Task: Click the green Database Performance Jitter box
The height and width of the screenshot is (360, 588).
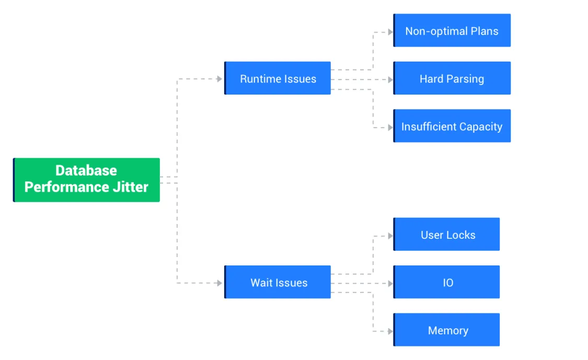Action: (x=86, y=179)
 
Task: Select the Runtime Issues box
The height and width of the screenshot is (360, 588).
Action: (x=278, y=78)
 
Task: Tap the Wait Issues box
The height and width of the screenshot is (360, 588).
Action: (x=278, y=282)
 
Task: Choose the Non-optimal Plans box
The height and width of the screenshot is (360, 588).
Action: (x=452, y=31)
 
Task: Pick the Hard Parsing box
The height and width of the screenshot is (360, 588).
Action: (x=452, y=78)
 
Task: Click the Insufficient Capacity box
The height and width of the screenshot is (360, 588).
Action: (x=452, y=126)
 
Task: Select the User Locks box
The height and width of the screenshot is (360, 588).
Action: (x=446, y=235)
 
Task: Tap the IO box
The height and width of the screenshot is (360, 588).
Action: (x=446, y=282)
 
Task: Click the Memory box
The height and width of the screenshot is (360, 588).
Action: (x=446, y=330)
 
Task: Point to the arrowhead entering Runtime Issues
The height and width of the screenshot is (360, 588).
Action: (x=220, y=79)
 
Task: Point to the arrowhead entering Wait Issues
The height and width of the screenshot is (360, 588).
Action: (x=220, y=283)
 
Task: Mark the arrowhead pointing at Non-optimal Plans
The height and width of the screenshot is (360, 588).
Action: (x=390, y=32)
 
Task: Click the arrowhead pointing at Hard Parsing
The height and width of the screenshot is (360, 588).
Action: (x=390, y=79)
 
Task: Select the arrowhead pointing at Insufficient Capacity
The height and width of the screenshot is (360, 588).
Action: (x=390, y=127)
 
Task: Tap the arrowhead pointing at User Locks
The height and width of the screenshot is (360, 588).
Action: (x=390, y=236)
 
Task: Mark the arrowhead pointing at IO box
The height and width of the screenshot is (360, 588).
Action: (x=390, y=283)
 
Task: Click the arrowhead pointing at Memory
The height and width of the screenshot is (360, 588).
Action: (x=390, y=331)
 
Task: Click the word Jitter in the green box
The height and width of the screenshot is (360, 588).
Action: (x=131, y=187)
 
